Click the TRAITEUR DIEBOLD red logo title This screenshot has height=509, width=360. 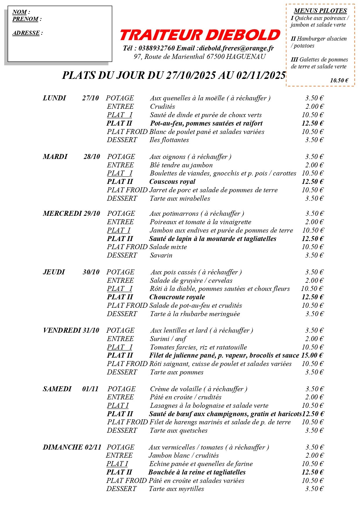pyautogui.click(x=200, y=35)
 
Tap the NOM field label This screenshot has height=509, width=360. pyautogui.click(x=20, y=12)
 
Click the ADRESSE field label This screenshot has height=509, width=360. pyautogui.click(x=26, y=33)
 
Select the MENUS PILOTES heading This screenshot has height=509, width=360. pyautogui.click(x=320, y=11)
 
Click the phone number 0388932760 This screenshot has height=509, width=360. pyautogui.click(x=157, y=48)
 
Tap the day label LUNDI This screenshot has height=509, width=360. pyautogui.click(x=55, y=98)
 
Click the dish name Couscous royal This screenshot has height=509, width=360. pyautogui.click(x=172, y=182)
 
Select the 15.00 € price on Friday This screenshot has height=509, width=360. pyautogui.click(x=312, y=355)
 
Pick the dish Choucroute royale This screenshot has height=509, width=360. pyautogui.click(x=177, y=297)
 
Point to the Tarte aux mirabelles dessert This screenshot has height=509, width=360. pyautogui.click(x=180, y=199)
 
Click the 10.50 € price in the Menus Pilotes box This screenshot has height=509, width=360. pyautogui.click(x=339, y=81)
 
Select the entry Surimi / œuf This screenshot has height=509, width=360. pyautogui.click(x=168, y=339)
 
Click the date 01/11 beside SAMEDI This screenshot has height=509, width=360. pyautogui.click(x=90, y=389)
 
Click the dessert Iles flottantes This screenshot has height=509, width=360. pyautogui.click(x=169, y=140)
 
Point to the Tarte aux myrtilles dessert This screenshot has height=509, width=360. pyautogui.click(x=176, y=489)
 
